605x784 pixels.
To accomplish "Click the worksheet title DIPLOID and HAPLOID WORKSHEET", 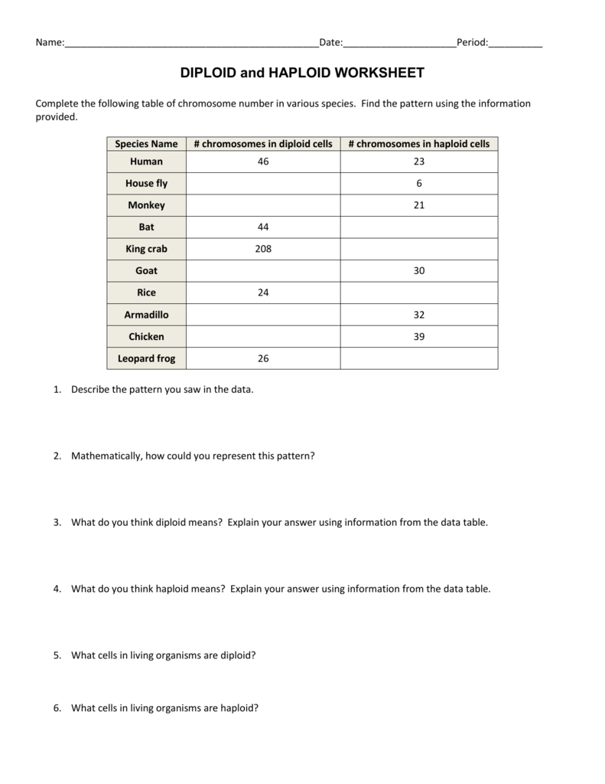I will click(x=301, y=73).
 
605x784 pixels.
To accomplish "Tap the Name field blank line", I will click(x=191, y=44).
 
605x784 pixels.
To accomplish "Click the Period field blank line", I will click(x=515, y=44).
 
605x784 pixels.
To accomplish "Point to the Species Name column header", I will click(x=146, y=144).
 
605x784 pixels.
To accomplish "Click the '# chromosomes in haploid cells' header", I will click(x=419, y=144).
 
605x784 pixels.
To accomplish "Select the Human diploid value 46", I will click(x=263, y=162).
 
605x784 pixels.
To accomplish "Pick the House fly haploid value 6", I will click(x=419, y=184).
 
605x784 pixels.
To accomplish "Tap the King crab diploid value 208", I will click(x=263, y=249).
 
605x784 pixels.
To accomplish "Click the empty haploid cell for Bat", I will click(x=419, y=227).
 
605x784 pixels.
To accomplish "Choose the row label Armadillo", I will click(x=146, y=315).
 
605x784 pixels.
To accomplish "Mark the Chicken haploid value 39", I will click(x=419, y=336).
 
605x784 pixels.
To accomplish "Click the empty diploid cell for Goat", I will click(x=263, y=271).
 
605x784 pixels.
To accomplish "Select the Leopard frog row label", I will click(x=146, y=358).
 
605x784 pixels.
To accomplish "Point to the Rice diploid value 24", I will click(x=263, y=292).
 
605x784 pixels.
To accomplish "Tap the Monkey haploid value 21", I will click(x=419, y=205).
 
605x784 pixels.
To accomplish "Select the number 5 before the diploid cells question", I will click(x=57, y=655).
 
